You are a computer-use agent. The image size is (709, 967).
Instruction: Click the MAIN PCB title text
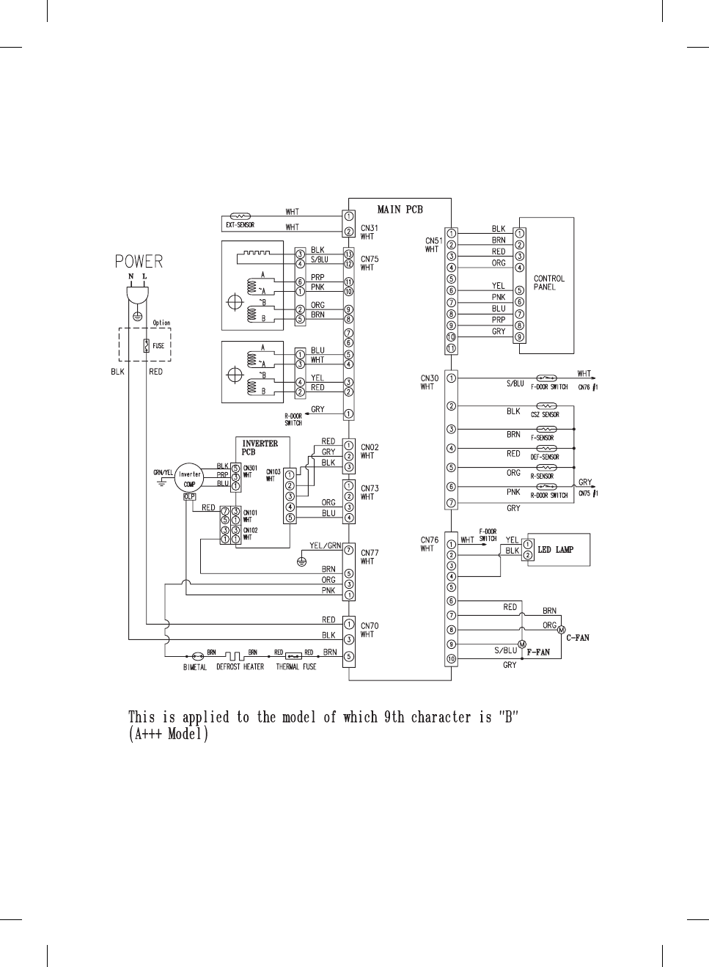(400, 210)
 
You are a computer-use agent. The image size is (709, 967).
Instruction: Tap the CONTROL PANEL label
(549, 283)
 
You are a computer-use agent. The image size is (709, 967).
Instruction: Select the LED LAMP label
(556, 550)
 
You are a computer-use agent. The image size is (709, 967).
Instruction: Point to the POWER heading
(139, 262)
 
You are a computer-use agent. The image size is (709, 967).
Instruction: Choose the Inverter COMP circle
(190, 479)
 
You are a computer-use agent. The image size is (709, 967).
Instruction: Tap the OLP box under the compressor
(189, 497)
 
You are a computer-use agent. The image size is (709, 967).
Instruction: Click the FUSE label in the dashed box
(158, 346)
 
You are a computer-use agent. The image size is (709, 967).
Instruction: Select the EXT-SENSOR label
(240, 225)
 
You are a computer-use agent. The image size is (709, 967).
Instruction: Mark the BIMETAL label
(195, 667)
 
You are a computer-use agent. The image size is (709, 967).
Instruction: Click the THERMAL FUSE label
(296, 667)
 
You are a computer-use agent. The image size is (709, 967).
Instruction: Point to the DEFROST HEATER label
(240, 667)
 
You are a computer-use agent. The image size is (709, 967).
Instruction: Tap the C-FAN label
(578, 638)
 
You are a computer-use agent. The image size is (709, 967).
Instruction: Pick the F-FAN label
(538, 652)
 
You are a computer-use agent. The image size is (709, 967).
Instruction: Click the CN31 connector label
(370, 228)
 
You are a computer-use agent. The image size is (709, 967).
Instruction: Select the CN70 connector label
(370, 626)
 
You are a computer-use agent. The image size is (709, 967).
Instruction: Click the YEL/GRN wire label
(326, 545)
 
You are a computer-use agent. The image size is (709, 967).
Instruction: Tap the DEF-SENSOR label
(545, 457)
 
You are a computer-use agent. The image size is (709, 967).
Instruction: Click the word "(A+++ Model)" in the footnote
(169, 734)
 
